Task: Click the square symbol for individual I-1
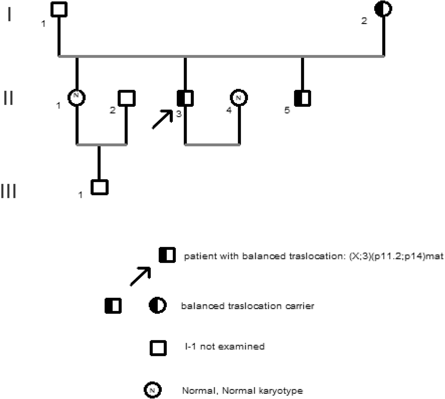59,9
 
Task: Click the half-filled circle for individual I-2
383,9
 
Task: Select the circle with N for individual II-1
77,97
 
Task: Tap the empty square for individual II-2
126,98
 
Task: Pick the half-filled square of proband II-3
185,98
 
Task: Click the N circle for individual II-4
239,98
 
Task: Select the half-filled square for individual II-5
303,98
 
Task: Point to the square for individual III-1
99,187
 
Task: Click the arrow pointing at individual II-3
162,119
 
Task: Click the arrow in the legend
140,276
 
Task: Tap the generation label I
9,15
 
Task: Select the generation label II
8,98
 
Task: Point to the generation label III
8,191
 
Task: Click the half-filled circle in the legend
158,306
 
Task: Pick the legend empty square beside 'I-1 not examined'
158,348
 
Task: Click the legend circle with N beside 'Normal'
153,390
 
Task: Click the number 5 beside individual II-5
287,110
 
